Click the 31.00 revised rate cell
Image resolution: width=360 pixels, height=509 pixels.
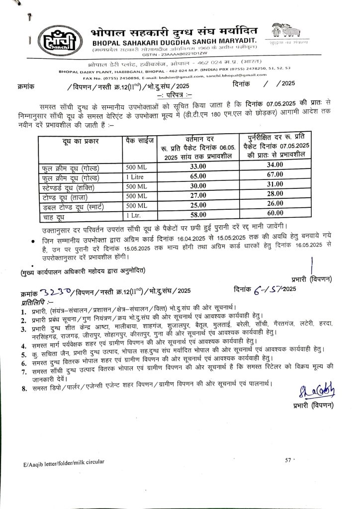pos(275,185)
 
